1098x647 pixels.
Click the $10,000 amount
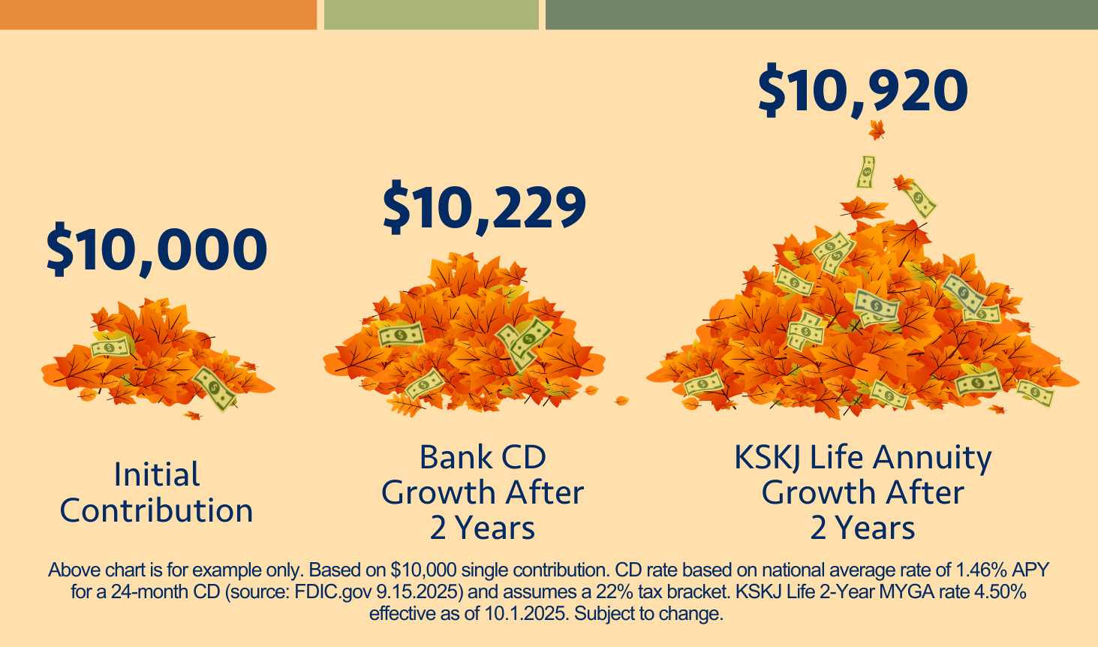click(157, 250)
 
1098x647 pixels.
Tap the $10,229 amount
click(484, 208)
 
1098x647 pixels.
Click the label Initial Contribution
click(157, 492)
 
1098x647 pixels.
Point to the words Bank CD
click(483, 457)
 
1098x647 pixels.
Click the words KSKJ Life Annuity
click(862, 457)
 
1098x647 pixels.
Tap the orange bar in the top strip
click(158, 14)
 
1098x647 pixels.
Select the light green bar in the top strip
click(431, 14)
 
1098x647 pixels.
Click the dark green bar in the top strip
click(821, 14)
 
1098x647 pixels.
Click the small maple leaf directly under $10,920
click(876, 131)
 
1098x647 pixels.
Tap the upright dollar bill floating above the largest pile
click(867, 172)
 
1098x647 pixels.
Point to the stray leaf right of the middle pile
click(621, 401)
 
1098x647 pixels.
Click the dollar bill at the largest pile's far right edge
click(1036, 392)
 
